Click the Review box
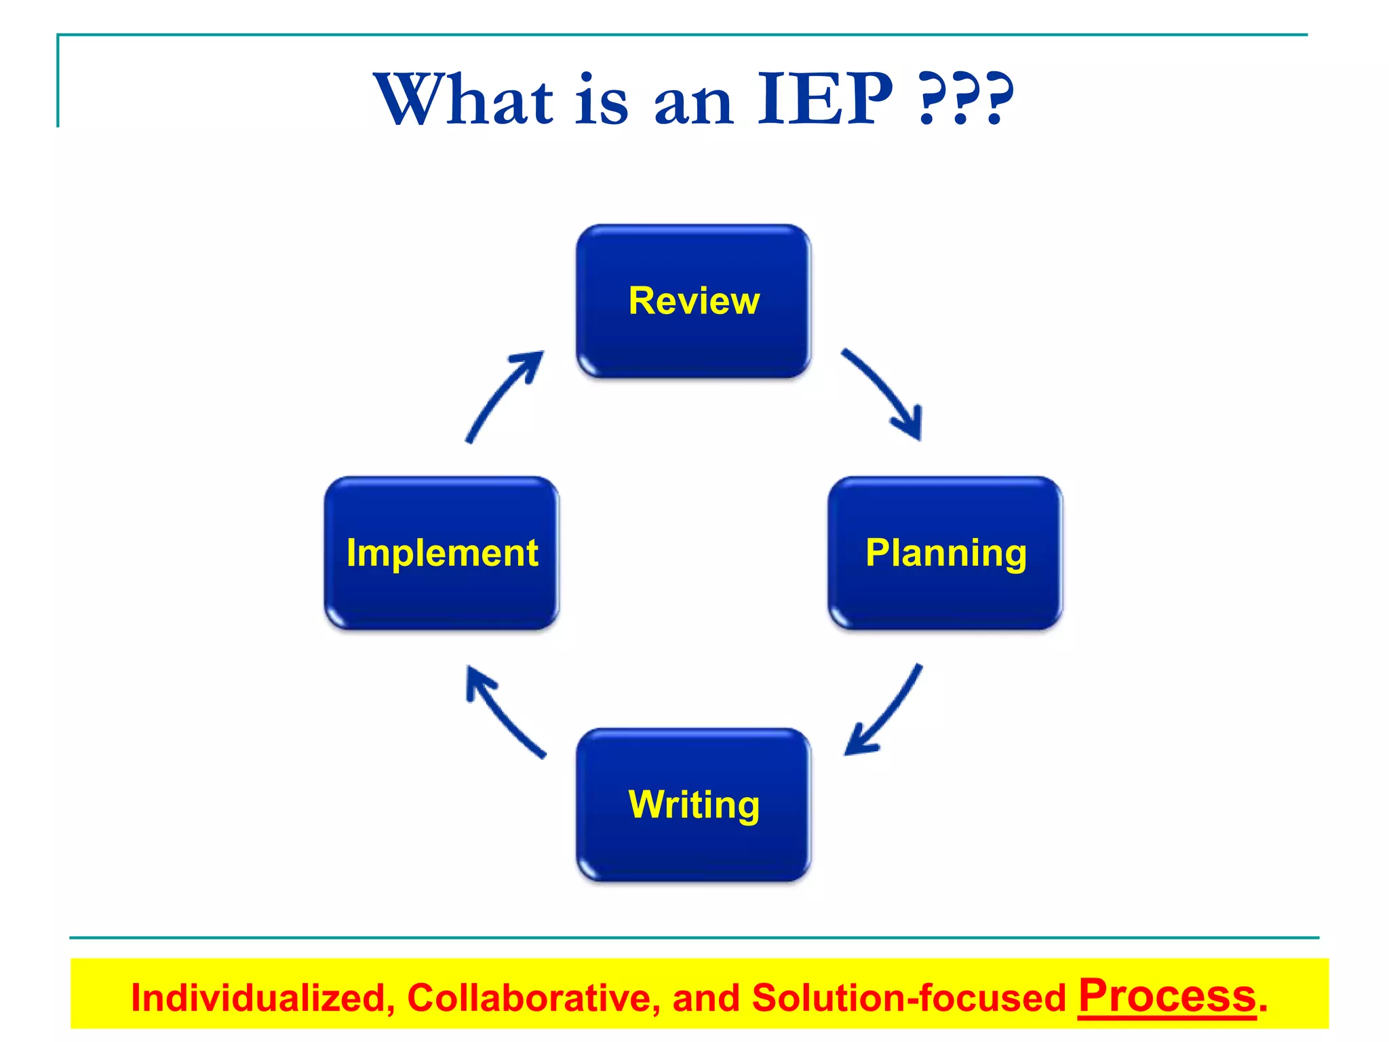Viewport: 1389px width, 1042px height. pyautogui.click(x=693, y=301)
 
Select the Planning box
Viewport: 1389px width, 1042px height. pyautogui.click(x=945, y=553)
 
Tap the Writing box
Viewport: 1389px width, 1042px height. pyautogui.click(x=693, y=805)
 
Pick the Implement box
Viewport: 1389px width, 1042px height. pyautogui.click(x=442, y=553)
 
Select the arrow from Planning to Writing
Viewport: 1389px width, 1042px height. pyautogui.click(x=885, y=712)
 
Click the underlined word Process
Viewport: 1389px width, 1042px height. pyautogui.click(x=1167, y=995)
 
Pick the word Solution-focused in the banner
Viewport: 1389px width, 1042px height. pyautogui.click(x=909, y=998)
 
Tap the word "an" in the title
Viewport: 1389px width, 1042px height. pyautogui.click(x=693, y=105)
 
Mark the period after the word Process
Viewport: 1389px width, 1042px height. pyautogui.click(x=1263, y=1009)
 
